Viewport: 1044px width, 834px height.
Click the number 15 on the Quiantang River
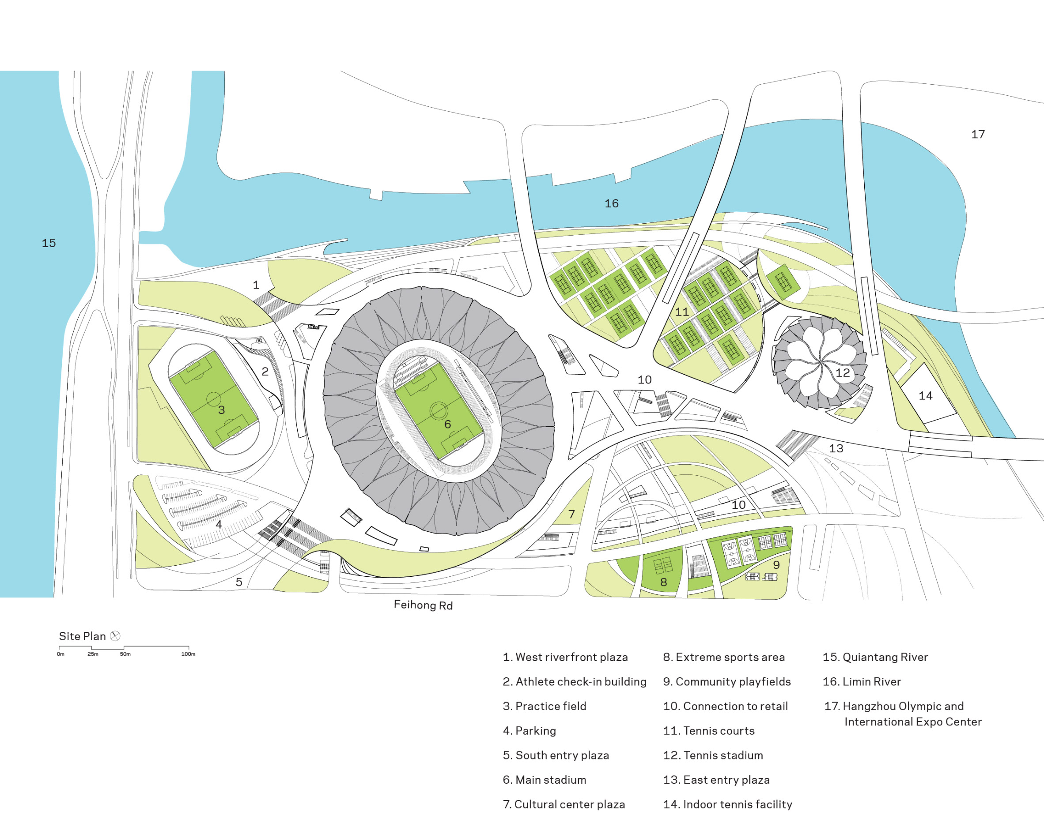(49, 243)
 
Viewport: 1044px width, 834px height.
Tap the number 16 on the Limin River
(611, 203)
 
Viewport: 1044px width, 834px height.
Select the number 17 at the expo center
(978, 134)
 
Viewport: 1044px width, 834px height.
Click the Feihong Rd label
(423, 605)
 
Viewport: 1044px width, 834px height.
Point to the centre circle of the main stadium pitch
(439, 410)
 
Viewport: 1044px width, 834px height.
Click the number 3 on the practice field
(221, 410)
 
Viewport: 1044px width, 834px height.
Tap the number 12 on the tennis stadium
(843, 372)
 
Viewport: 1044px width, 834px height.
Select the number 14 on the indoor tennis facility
(925, 396)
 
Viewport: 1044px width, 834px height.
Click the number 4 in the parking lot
(219, 524)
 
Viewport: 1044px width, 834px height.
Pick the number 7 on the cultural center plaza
(571, 514)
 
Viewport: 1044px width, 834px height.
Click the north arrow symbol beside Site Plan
(115, 636)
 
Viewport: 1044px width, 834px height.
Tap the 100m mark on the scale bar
(188, 654)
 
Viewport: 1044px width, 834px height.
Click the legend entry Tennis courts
(708, 730)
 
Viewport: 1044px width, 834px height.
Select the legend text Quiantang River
(875, 657)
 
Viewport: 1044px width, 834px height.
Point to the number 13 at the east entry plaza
(836, 448)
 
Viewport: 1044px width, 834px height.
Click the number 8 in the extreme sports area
(663, 582)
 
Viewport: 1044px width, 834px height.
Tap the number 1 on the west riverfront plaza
(256, 285)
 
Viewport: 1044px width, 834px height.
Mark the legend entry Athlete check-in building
(574, 681)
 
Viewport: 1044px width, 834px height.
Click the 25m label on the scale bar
(92, 654)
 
